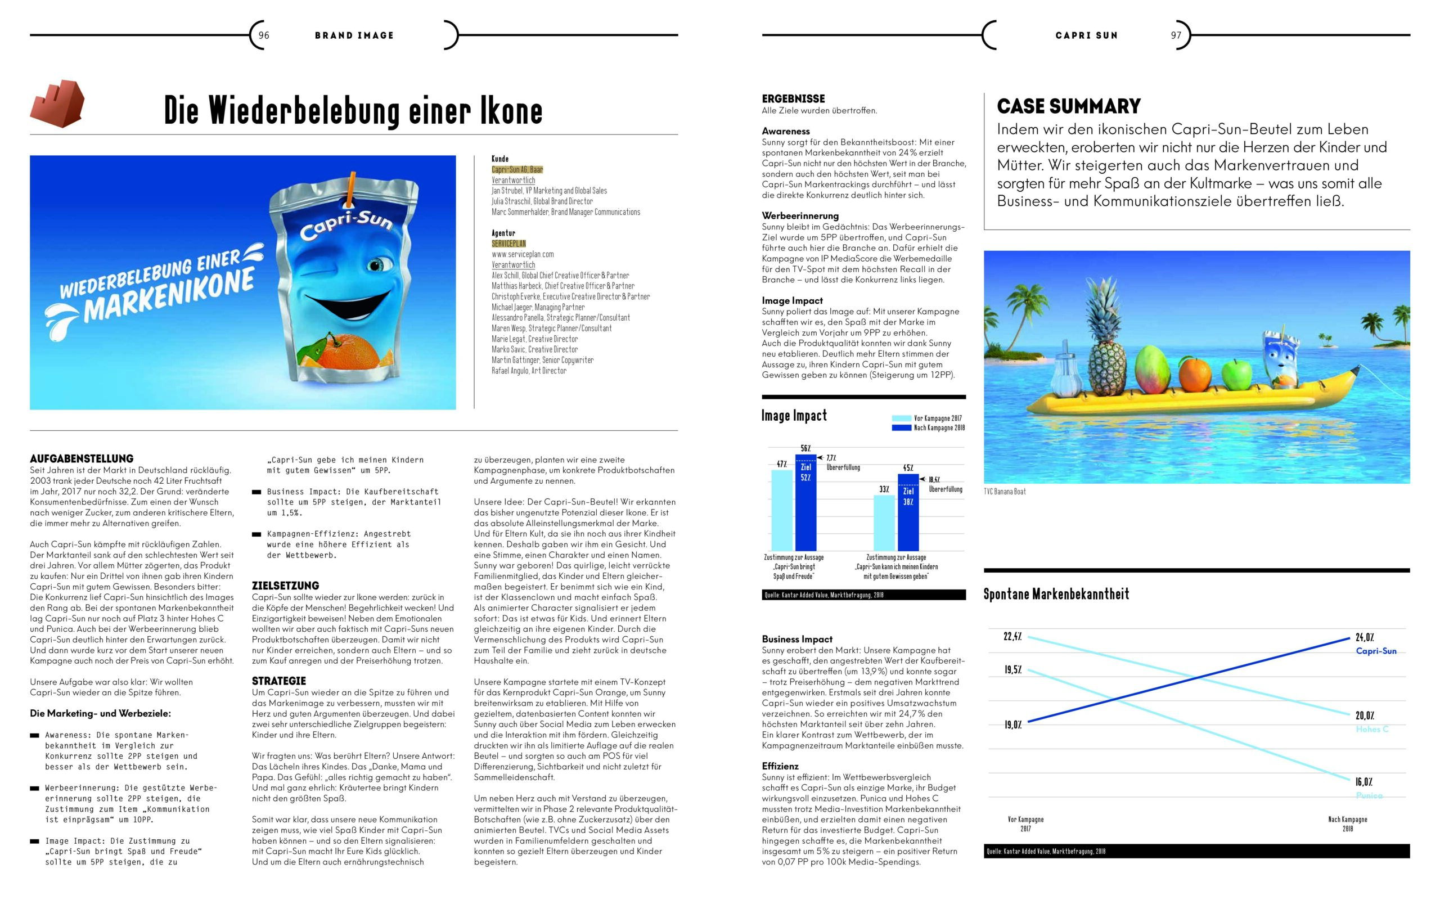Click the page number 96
coord(264,35)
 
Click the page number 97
coord(1176,35)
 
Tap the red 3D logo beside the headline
coord(57,103)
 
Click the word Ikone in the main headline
coord(511,111)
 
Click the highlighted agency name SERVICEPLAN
coord(508,244)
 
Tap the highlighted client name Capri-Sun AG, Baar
coord(517,170)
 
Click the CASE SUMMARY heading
coord(1069,106)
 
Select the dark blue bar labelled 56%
coord(805,503)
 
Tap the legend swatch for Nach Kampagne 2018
coord(901,427)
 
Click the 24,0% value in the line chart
coord(1365,637)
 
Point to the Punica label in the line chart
coord(1369,795)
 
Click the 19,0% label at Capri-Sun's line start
coord(1012,724)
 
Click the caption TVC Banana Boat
coord(1005,492)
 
